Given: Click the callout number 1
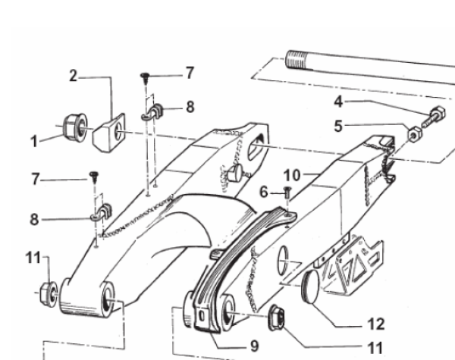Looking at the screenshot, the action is [x=34, y=142].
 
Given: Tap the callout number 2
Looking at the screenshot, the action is [x=74, y=76].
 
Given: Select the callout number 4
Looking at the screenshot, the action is [x=339, y=102].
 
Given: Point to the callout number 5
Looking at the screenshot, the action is [x=338, y=126].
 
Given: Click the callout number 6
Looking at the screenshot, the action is [x=264, y=192].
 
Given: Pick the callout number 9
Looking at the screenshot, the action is [x=254, y=346].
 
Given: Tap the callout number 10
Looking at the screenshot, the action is [x=292, y=175].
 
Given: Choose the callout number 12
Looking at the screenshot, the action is [x=376, y=324].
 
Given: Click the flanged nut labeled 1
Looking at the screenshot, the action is [x=75, y=127].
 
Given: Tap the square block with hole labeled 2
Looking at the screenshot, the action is [x=109, y=133].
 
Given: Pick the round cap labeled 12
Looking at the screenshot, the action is [x=311, y=286].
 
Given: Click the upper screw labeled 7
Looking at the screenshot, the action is [x=146, y=78].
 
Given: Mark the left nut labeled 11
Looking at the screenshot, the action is [x=49, y=294].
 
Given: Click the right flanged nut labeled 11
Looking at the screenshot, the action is [x=276, y=318].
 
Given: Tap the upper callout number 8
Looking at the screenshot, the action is [x=190, y=107].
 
